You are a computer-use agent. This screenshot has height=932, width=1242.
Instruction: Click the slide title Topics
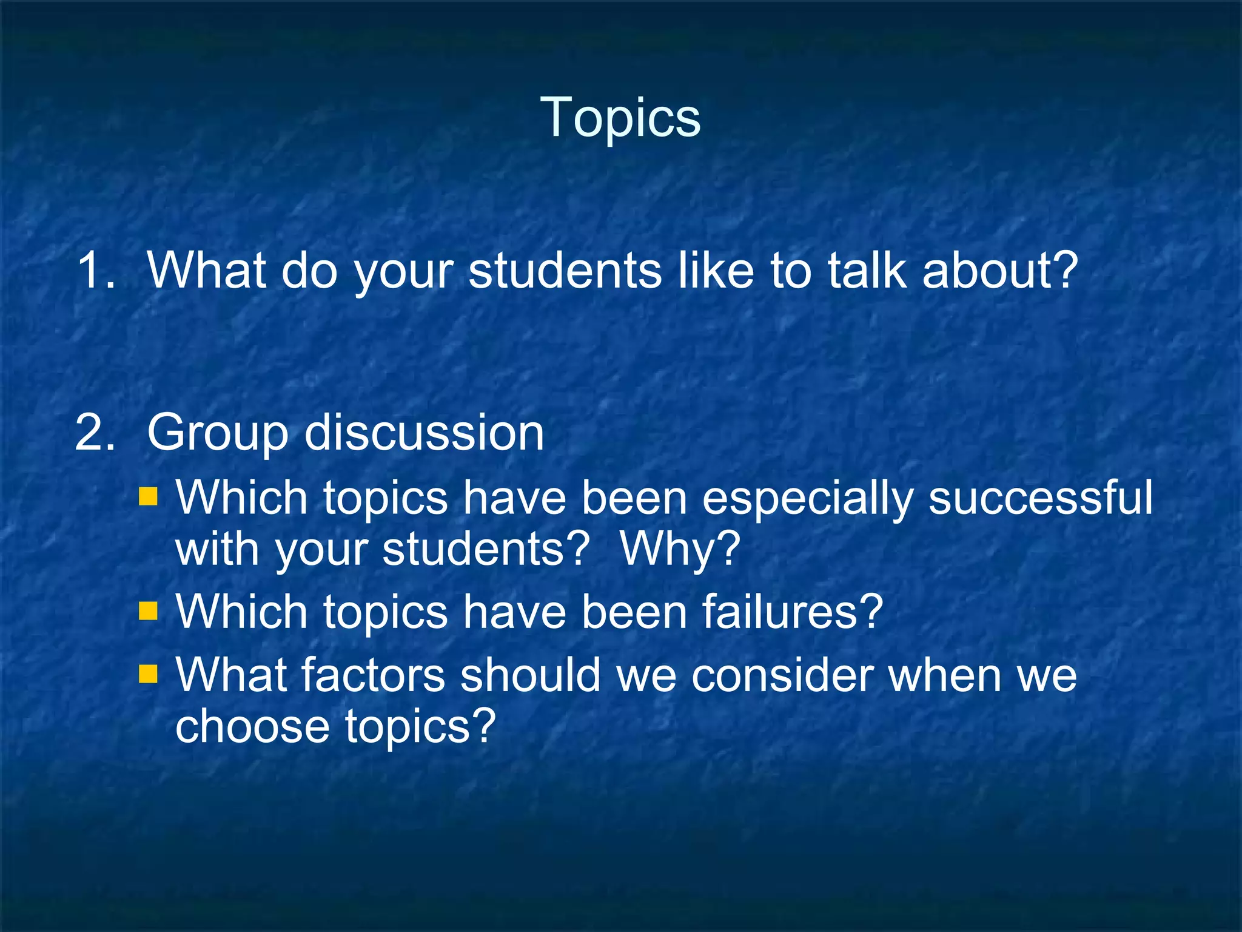[620, 117]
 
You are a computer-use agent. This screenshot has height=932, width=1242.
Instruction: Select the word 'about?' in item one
[1000, 270]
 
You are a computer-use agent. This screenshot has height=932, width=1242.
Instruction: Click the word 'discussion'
[424, 433]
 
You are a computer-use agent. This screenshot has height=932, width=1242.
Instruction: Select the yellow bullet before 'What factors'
[148, 673]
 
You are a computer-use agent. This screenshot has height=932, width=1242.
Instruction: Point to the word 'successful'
[1041, 497]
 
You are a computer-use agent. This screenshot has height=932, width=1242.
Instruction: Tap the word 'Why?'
[680, 550]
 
